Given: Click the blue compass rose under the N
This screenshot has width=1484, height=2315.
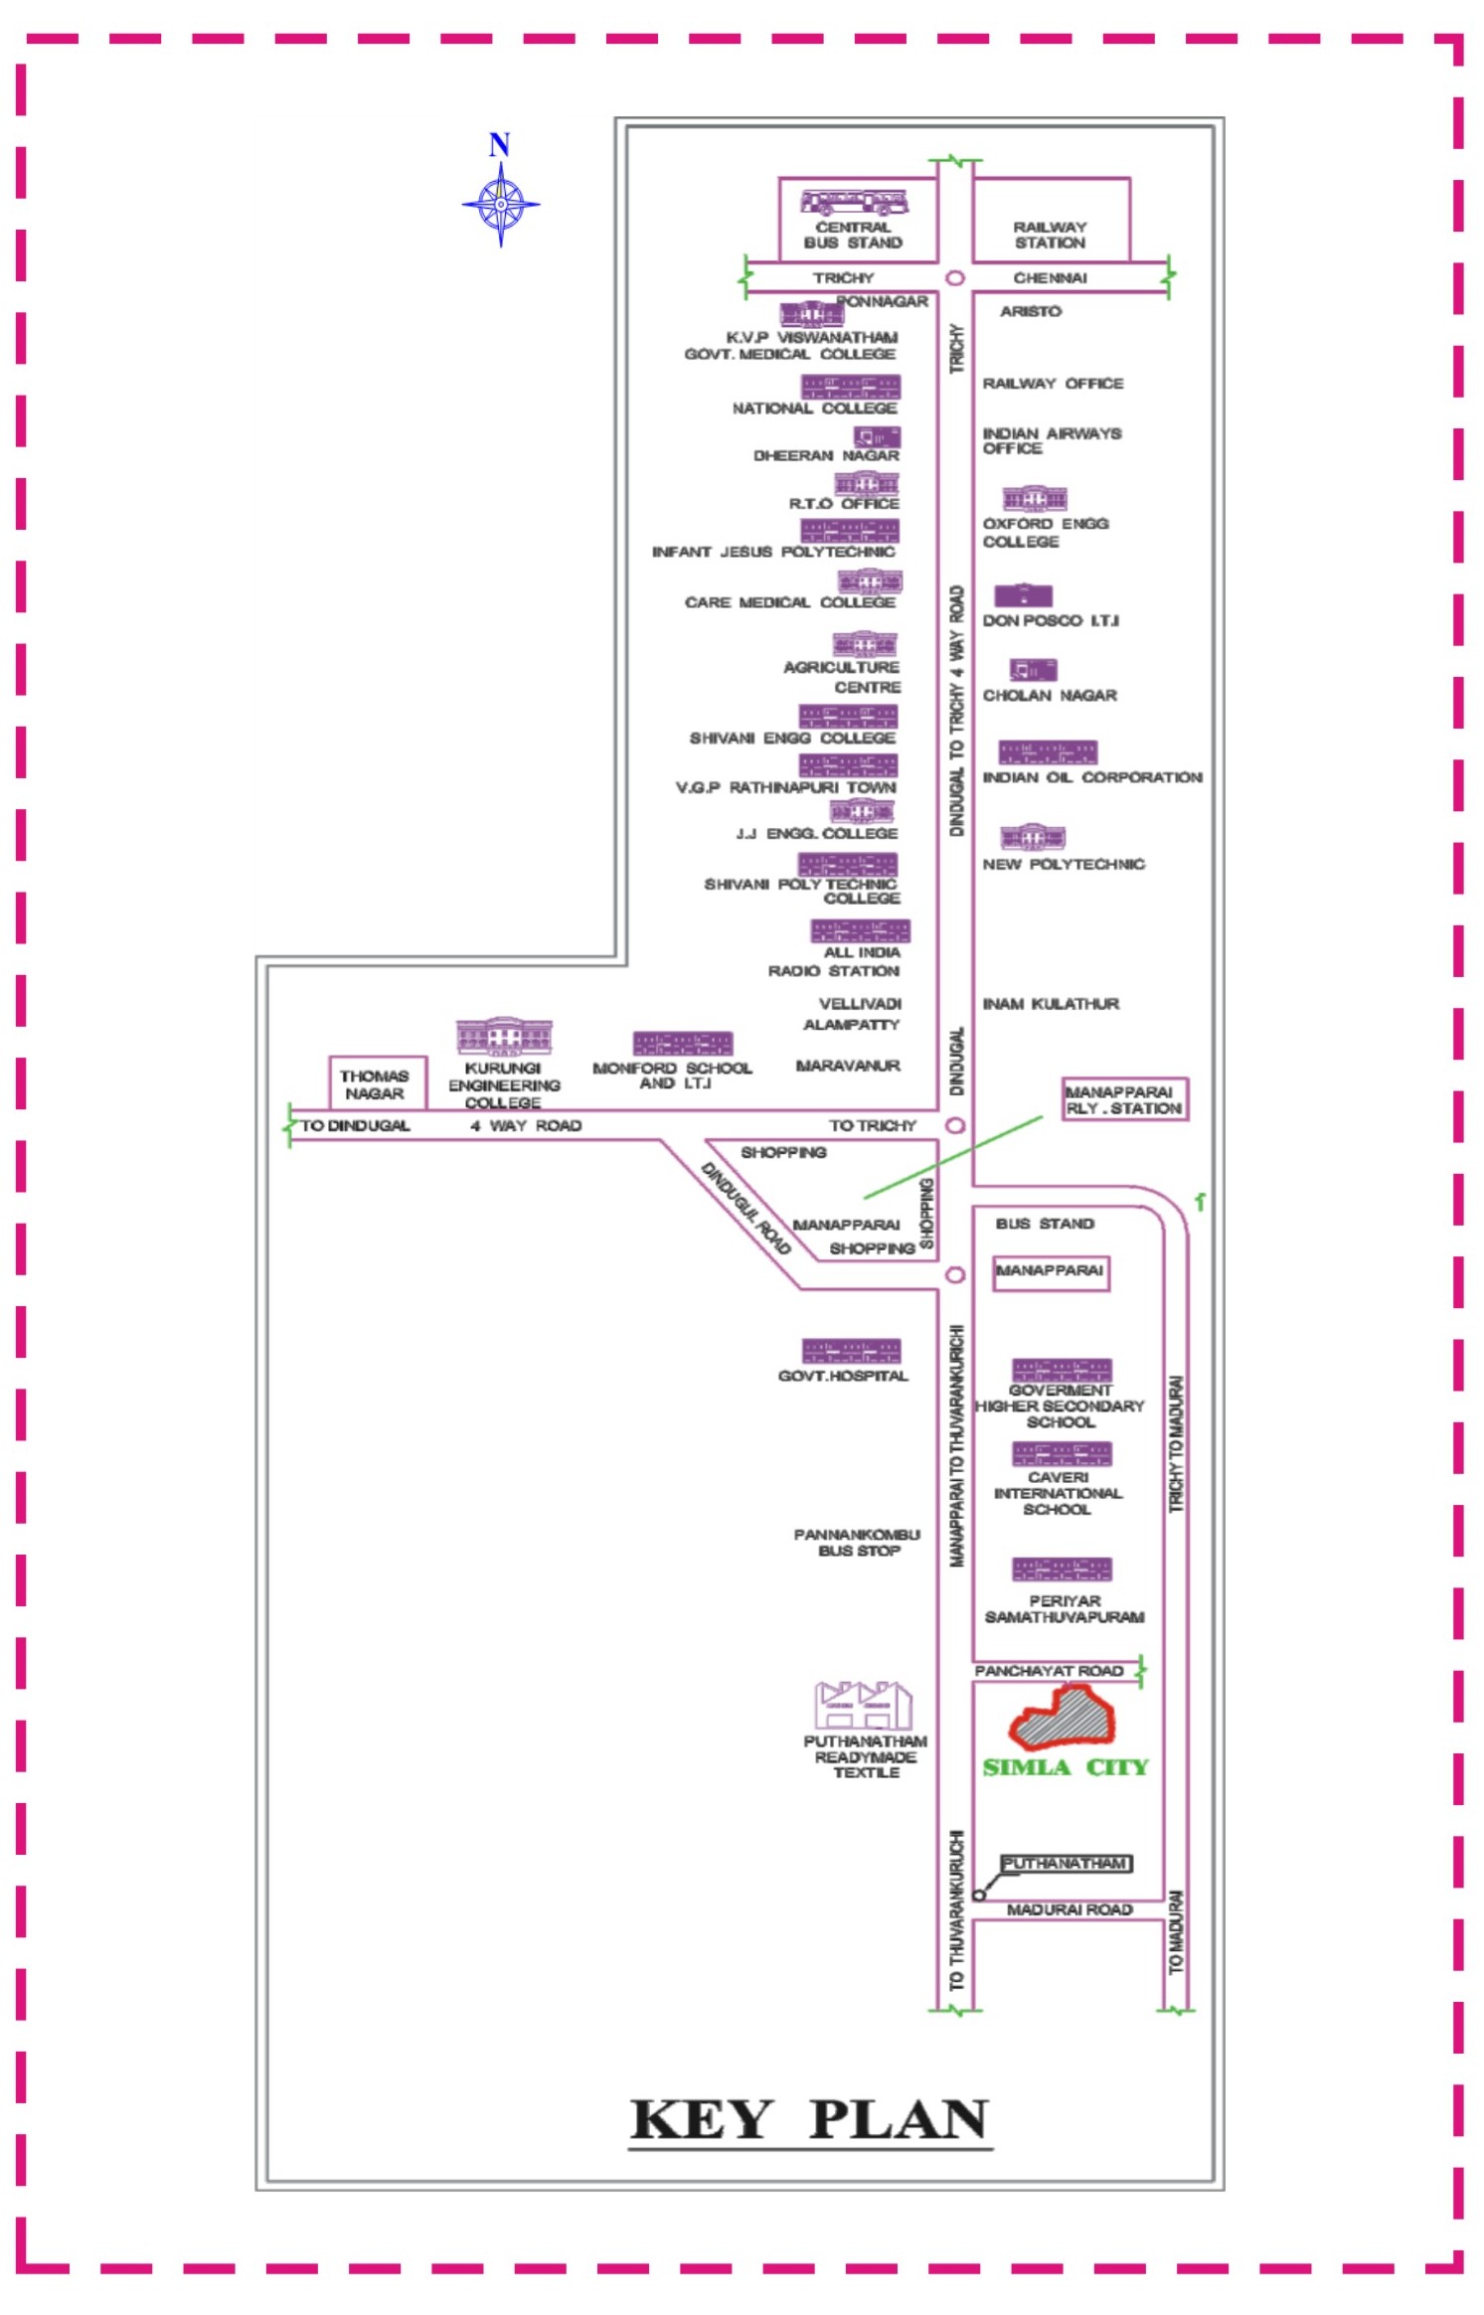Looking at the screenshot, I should click(500, 205).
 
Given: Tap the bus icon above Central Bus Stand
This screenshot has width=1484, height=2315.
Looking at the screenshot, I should click(854, 203).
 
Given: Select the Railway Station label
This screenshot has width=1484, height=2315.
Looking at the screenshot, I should click(1050, 235).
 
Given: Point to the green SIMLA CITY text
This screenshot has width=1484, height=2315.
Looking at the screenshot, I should click(1065, 1767).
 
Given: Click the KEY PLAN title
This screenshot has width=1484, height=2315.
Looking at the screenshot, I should click(809, 2119).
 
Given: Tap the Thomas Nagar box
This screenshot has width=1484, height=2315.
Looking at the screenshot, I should click(376, 1083).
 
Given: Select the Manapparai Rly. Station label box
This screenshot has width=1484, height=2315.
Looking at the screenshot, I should click(1124, 1099).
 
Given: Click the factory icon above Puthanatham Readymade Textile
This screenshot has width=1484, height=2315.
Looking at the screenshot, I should click(863, 1706).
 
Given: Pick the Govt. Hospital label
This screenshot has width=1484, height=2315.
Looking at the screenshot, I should click(843, 1376).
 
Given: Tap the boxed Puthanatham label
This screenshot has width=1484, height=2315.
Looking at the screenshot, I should click(1065, 1864).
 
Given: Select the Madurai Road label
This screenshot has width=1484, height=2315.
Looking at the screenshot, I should click(1069, 1909).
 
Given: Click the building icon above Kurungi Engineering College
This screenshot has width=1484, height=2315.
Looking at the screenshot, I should click(504, 1036).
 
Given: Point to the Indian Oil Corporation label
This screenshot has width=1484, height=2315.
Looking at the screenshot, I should click(1091, 777).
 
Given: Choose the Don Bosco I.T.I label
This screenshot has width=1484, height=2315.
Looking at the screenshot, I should click(1050, 620).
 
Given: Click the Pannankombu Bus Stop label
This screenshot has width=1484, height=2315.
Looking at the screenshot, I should click(857, 1543).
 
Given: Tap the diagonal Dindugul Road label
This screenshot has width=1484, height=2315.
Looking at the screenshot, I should click(745, 1208).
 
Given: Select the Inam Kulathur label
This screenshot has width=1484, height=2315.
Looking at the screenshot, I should click(1051, 1004).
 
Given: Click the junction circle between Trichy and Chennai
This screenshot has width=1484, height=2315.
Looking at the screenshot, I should click(954, 278).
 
